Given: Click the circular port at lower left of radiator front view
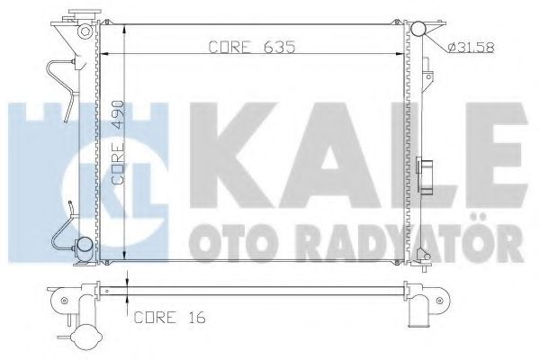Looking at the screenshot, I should (x=82, y=244).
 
